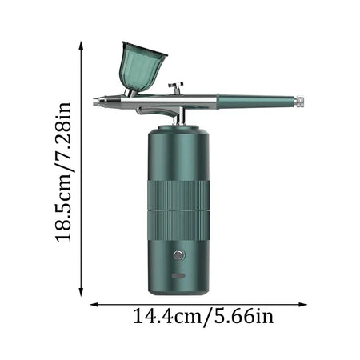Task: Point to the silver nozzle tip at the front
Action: point(97,101)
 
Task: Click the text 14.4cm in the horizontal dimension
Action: point(166,318)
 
